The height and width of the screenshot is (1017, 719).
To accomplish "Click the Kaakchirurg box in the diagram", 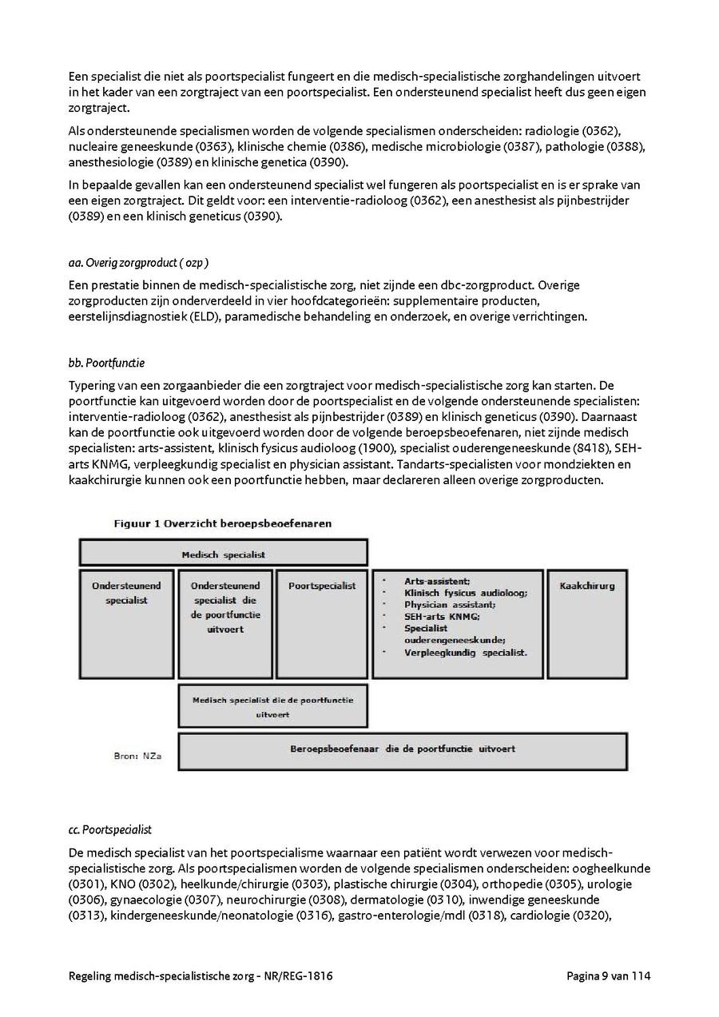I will pos(587,622).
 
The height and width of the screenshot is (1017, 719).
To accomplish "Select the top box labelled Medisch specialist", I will pos(223,553).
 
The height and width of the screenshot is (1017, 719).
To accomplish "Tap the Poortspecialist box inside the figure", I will pos(321,622).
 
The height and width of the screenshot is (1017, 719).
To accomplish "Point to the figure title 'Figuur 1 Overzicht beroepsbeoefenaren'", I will pos(222,523).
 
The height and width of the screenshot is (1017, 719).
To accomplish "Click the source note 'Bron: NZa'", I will pos(137,755).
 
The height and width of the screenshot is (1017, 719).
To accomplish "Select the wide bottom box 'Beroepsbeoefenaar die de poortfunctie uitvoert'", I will pos(401,750).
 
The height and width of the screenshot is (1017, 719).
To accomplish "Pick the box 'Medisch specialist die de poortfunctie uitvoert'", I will pos(272,706).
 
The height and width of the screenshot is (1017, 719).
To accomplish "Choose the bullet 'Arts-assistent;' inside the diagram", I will pos(437,582).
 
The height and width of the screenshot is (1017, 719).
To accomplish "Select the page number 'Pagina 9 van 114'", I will pos(609,975).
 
